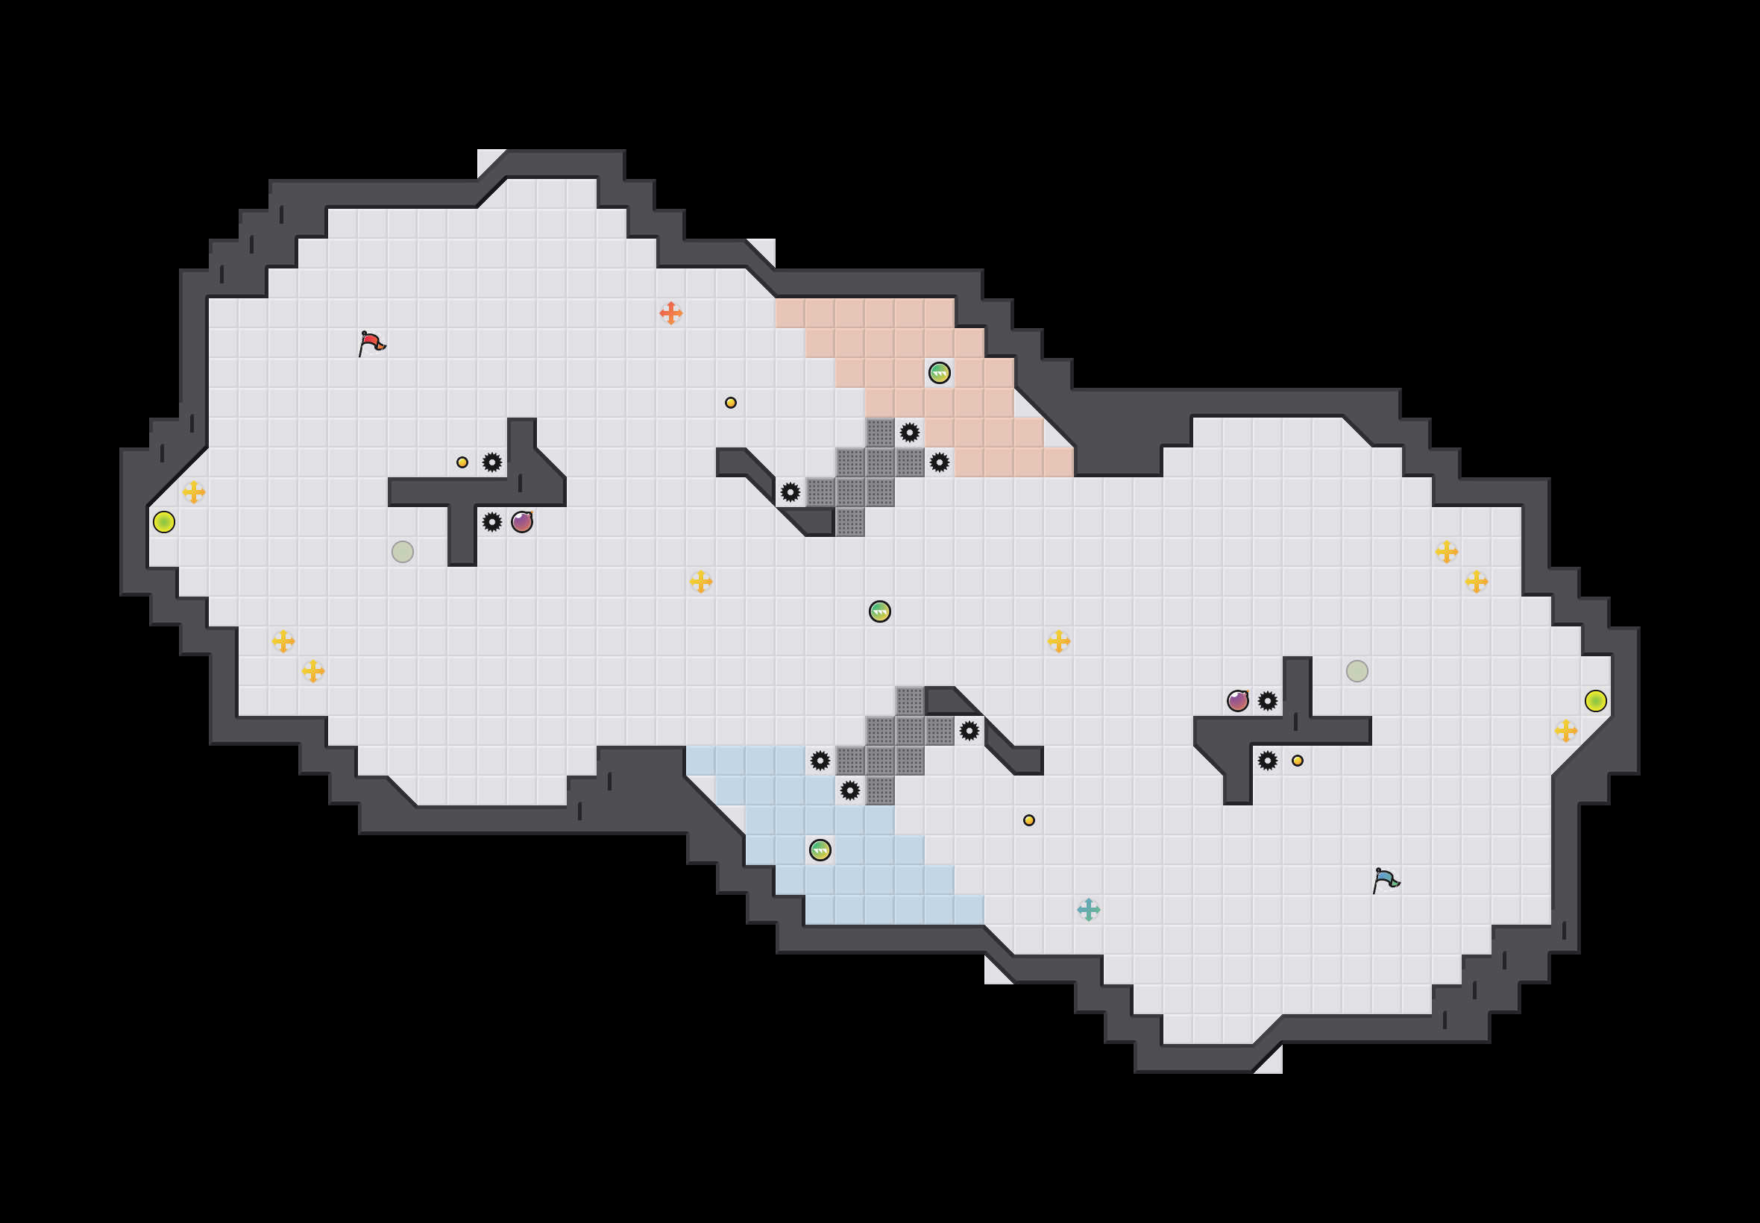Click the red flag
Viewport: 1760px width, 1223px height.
[371, 342]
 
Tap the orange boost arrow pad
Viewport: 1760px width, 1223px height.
[670, 312]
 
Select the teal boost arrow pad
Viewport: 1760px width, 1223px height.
[1088, 910]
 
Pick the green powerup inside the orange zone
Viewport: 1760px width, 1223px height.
[940, 373]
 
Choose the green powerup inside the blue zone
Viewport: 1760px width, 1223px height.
[820, 850]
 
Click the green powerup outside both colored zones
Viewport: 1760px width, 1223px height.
[879, 611]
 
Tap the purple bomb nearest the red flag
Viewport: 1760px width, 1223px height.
[522, 522]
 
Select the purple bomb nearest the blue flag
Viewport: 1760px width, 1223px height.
[1237, 700]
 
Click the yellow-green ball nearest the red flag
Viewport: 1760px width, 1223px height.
[164, 522]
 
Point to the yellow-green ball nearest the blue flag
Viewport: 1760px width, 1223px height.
[1595, 700]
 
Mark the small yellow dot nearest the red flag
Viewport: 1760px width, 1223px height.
[462, 462]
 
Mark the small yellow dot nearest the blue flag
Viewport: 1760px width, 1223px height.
[1297, 760]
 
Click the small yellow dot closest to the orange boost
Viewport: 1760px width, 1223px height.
[730, 402]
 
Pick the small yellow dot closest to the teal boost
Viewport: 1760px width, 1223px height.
[1029, 820]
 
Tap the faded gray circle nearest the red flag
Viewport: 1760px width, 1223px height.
[402, 552]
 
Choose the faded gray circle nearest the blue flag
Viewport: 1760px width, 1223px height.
[1357, 670]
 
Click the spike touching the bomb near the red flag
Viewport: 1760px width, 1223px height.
[492, 522]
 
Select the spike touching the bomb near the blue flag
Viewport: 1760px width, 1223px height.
[1267, 700]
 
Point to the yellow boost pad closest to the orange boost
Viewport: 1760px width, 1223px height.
[700, 582]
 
